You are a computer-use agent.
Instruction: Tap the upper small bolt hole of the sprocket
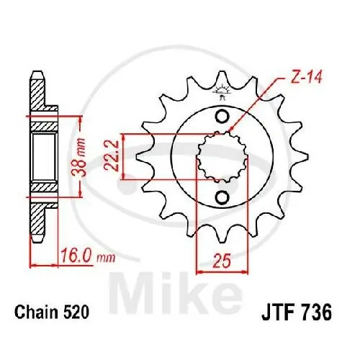click(x=222, y=117)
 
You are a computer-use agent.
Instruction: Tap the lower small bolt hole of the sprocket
click(x=222, y=197)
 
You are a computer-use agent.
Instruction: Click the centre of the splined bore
click(x=221, y=157)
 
